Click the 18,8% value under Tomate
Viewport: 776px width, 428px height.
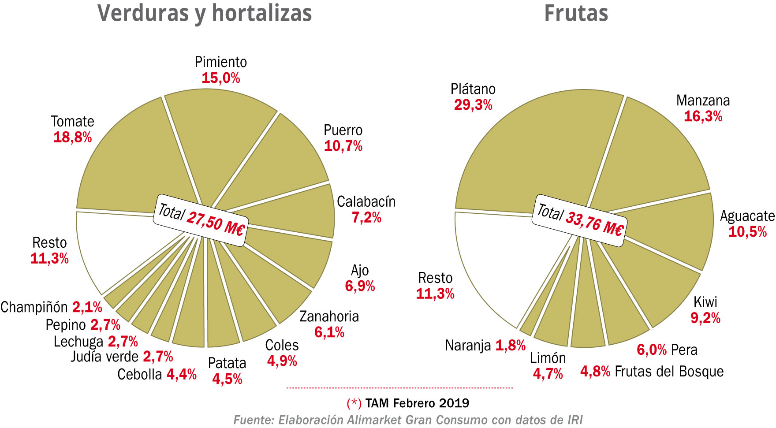click(x=73, y=137)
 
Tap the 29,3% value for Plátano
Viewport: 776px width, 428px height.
click(x=473, y=105)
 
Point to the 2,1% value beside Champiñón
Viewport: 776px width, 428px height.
click(x=87, y=307)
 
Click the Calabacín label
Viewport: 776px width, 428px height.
click(x=366, y=201)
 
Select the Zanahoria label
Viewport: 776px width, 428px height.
click(x=329, y=316)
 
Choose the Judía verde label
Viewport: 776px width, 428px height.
click(x=104, y=356)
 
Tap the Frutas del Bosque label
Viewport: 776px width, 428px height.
click(x=669, y=372)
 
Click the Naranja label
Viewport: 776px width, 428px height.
click(x=468, y=346)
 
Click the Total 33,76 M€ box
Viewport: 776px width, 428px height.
click(x=580, y=220)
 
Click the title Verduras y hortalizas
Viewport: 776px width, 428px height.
click(x=205, y=13)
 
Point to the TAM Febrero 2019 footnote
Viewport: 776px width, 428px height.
click(x=417, y=403)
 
